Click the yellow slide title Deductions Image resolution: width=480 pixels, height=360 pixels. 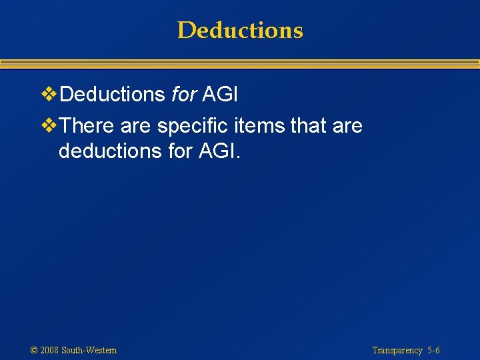(240, 30)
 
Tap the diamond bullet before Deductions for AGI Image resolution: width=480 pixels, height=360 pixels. (49, 95)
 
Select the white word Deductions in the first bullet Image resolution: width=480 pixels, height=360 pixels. (112, 95)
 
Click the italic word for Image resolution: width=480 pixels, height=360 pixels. (183, 95)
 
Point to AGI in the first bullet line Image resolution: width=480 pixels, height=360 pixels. (220, 95)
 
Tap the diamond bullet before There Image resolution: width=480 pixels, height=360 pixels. (49, 125)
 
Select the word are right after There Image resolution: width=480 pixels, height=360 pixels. (136, 125)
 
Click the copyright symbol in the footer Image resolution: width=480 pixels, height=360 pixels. (34, 350)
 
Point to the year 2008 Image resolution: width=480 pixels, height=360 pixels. (49, 350)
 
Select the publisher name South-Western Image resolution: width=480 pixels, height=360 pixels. (89, 350)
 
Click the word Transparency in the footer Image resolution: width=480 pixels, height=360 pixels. (397, 350)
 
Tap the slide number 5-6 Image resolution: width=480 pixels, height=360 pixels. (434, 350)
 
